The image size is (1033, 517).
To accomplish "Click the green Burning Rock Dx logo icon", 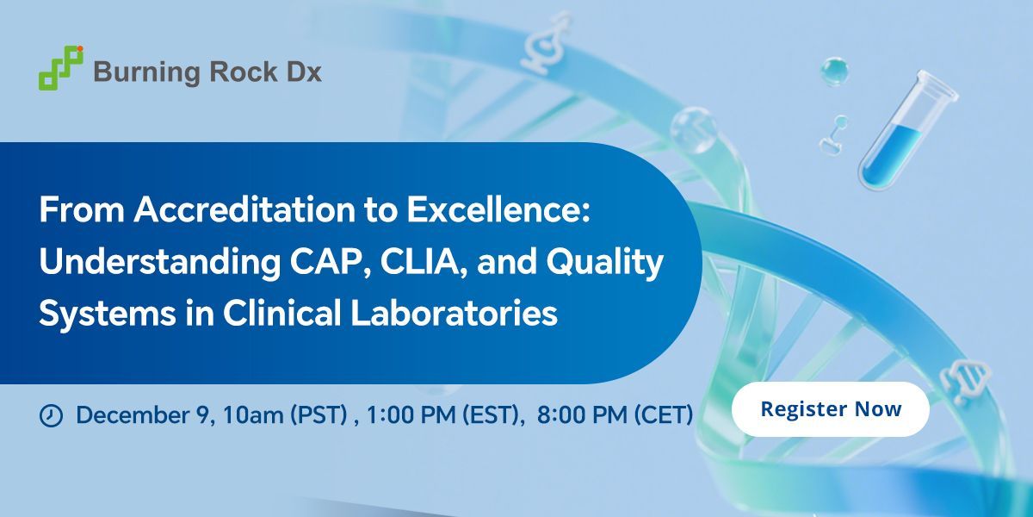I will click(61, 67).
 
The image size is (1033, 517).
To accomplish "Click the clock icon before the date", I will click(52, 415).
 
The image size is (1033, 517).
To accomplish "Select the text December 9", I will click(142, 414).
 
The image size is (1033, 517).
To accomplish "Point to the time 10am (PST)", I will click(284, 414).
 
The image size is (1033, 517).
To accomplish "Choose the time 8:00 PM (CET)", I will click(615, 414).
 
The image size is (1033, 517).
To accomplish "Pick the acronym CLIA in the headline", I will click(389, 263).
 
